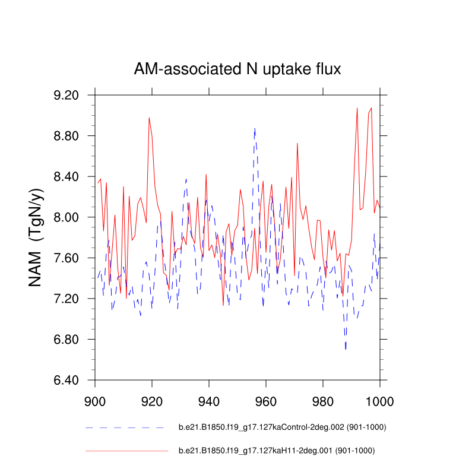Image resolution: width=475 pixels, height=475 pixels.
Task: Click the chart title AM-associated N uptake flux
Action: (237, 70)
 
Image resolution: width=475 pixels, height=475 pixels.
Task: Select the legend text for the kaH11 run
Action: (277, 451)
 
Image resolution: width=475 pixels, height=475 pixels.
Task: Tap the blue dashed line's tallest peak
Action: (255, 128)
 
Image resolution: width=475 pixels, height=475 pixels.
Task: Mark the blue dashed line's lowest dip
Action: (346, 349)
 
